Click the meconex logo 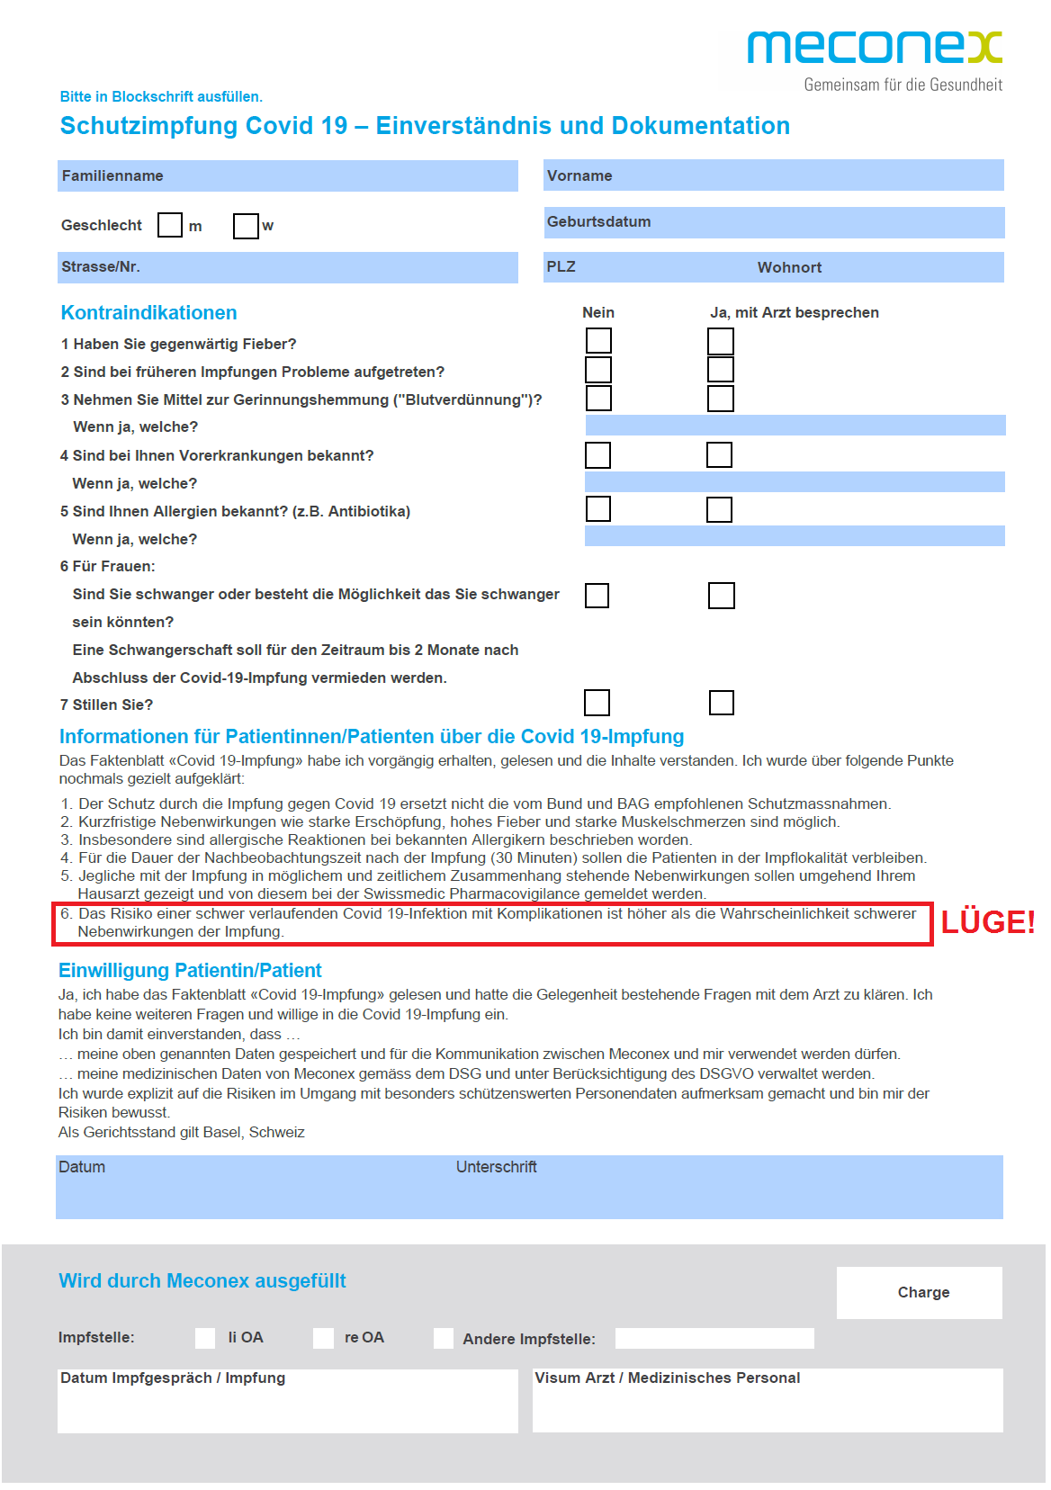[x=874, y=48]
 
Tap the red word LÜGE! [x=987, y=922]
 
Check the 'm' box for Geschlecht [x=170, y=225]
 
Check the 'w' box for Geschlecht [x=245, y=226]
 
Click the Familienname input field [x=288, y=175]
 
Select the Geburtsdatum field [x=774, y=222]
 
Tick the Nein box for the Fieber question [x=598, y=341]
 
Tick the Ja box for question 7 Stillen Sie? [x=722, y=703]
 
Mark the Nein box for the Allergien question [x=598, y=509]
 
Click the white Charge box [x=919, y=1293]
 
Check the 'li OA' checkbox [x=205, y=1338]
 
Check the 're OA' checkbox [x=323, y=1338]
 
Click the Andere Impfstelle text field [x=714, y=1339]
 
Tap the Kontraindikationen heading [x=149, y=313]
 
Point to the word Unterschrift [x=496, y=1167]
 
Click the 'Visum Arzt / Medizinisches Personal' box [x=768, y=1400]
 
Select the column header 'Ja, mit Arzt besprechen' [x=794, y=313]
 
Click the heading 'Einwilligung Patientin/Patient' [x=190, y=971]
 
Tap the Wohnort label [x=789, y=267]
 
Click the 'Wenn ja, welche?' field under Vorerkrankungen [x=795, y=482]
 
